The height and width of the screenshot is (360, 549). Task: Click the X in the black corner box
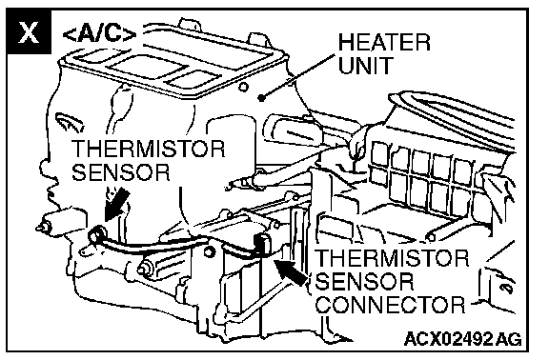[29, 32]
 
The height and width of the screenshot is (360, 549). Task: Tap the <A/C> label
[100, 34]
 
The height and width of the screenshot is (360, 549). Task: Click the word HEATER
[384, 42]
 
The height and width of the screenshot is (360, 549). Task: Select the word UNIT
[366, 65]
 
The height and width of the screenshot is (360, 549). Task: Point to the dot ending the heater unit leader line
[261, 97]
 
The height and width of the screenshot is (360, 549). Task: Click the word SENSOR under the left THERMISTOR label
[121, 171]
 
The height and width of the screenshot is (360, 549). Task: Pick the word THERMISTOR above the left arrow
[148, 149]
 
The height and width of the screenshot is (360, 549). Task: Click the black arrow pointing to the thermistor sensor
[117, 204]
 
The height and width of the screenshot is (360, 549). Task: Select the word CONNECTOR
[392, 305]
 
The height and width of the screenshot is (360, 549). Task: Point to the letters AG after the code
[509, 339]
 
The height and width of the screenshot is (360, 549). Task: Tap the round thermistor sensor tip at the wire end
[97, 234]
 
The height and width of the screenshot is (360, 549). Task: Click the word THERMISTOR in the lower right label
[392, 258]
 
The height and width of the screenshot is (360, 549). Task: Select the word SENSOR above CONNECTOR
[365, 281]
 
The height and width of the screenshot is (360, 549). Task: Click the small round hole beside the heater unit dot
[243, 87]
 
